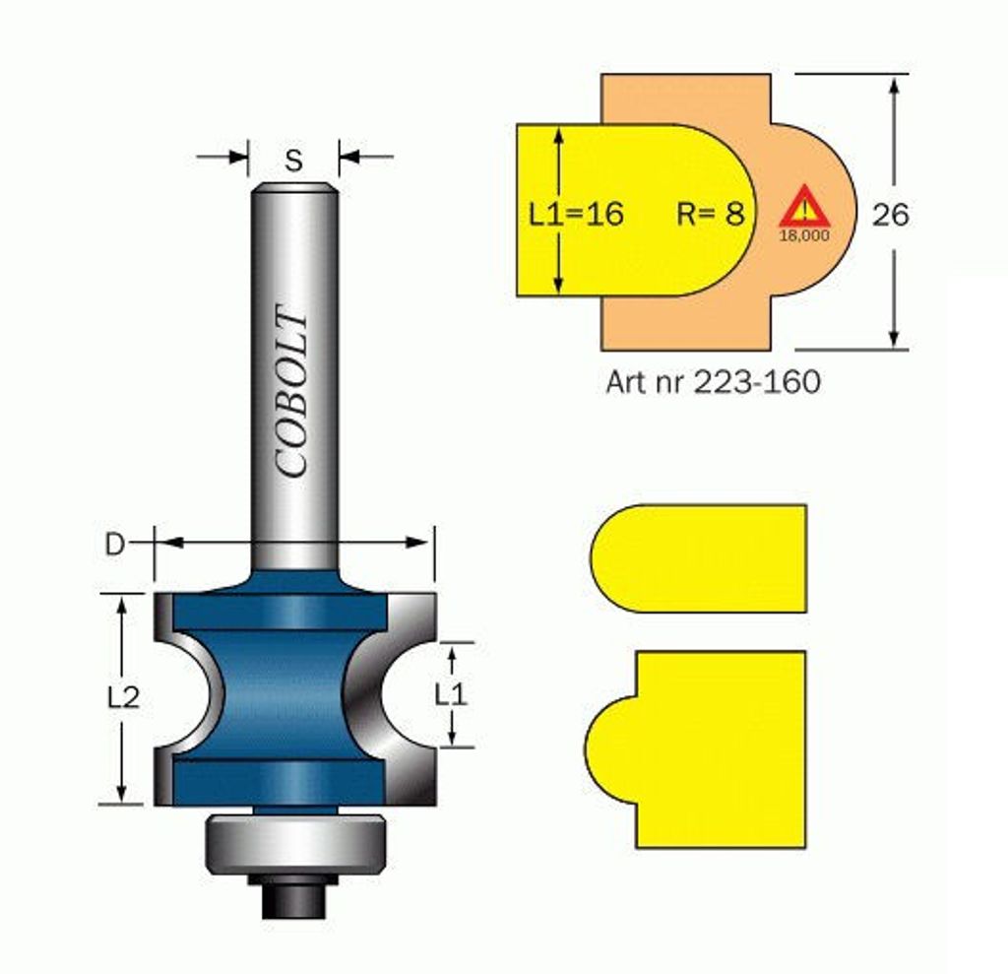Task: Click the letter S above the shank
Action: pos(293,161)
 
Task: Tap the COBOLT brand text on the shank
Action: pos(290,391)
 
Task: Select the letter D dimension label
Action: pos(114,545)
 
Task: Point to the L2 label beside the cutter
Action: pos(123,697)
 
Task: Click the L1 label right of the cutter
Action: pos(451,694)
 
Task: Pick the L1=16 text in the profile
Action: pos(576,214)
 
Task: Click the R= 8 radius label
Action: pos(711,214)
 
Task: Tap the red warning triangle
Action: pos(804,207)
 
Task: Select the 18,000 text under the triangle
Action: pos(804,236)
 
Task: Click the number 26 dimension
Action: pos(890,215)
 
